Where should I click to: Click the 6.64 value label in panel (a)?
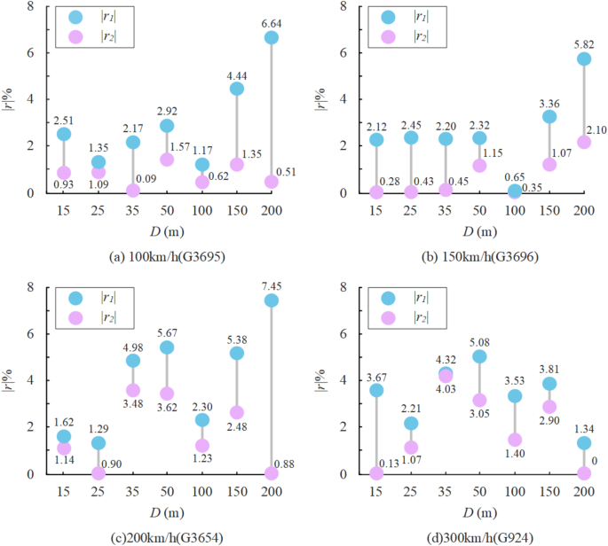pyautogui.click(x=271, y=22)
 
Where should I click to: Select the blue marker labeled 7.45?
pyautogui.click(x=271, y=300)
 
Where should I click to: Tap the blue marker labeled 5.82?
pyautogui.click(x=583, y=58)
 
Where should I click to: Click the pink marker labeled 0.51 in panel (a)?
pyautogui.click(x=271, y=182)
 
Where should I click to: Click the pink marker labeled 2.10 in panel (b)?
pyautogui.click(x=583, y=142)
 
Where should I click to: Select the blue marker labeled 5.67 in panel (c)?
pyautogui.click(x=167, y=347)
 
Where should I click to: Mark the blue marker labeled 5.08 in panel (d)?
pyautogui.click(x=479, y=356)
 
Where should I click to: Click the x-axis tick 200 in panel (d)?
pyautogui.click(x=583, y=491)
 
